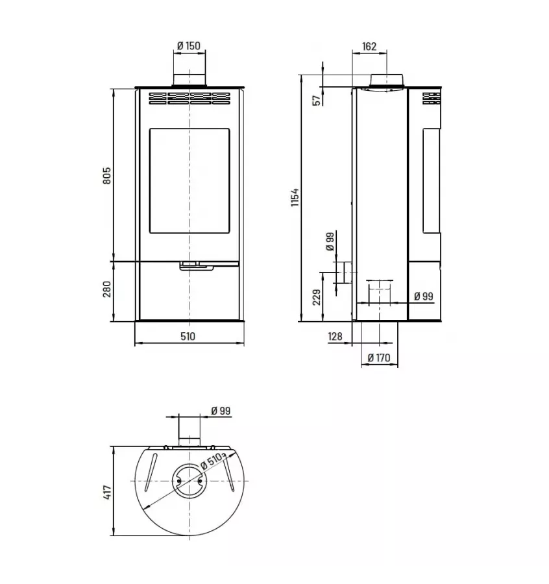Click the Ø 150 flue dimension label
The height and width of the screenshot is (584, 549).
coord(189,46)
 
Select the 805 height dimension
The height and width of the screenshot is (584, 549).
coord(107,175)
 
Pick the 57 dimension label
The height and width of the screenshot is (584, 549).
coord(316,100)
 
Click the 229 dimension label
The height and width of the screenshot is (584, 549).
coord(316,297)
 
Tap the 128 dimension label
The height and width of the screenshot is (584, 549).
coord(335,336)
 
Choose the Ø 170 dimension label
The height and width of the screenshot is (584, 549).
coord(378,357)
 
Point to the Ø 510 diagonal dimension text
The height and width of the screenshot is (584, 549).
coord(212,461)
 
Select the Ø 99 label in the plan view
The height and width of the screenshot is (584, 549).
coord(221,411)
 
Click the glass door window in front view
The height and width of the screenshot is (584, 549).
coord(189,181)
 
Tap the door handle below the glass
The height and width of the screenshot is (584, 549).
coord(191,264)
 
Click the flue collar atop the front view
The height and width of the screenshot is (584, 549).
coord(189,80)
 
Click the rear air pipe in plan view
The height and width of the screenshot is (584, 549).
coord(189,432)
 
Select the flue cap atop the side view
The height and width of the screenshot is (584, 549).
coord(389,80)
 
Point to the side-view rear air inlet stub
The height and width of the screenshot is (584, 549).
coord(347,273)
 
